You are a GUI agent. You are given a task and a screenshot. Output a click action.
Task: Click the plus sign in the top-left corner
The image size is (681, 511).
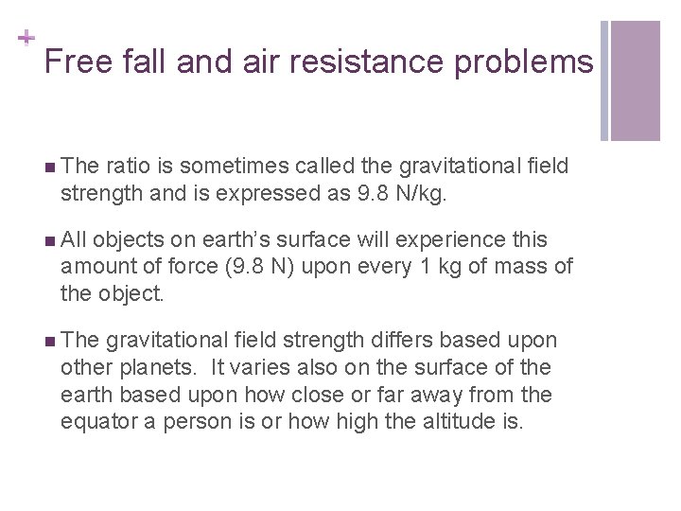tap(26, 39)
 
